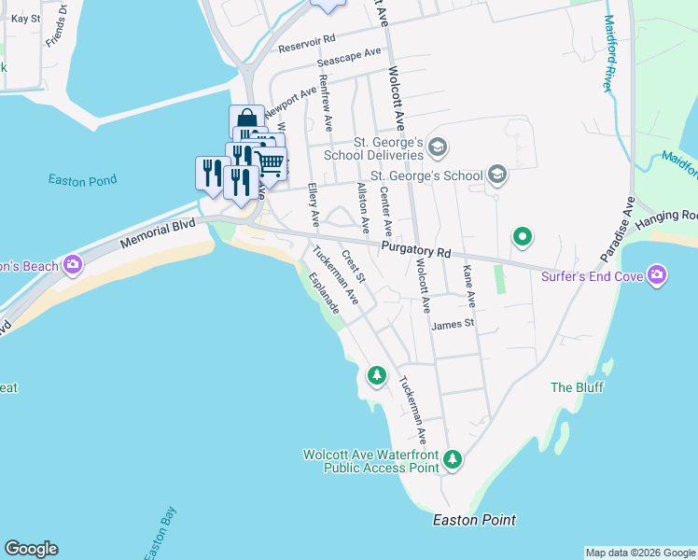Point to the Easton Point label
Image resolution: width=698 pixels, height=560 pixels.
[474, 520]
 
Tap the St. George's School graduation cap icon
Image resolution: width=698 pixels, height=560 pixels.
[497, 175]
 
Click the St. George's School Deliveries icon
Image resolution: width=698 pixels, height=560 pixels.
[439, 147]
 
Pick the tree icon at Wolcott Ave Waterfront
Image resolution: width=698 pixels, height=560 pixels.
[453, 459]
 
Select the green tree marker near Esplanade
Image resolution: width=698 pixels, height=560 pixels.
[376, 375]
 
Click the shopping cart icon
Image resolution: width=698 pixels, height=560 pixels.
[270, 164]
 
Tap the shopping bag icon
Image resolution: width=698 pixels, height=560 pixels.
[245, 121]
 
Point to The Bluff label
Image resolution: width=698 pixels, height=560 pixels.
[577, 387]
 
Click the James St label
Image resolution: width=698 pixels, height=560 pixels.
[454, 324]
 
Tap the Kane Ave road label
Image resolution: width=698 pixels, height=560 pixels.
[469, 286]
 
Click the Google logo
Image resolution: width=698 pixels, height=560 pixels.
[31, 549]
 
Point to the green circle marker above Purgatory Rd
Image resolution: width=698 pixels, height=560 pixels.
[523, 237]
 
